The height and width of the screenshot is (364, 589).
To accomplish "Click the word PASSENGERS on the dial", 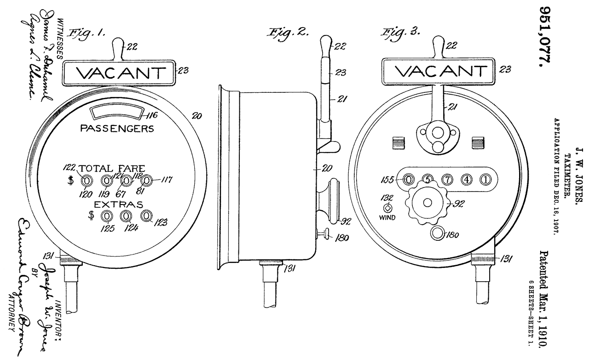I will coord(117,129).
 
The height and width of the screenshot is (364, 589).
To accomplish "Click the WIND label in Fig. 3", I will coord(387,217).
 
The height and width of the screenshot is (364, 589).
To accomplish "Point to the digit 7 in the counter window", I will coord(446,179).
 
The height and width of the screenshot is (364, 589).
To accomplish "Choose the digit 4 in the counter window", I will coord(466,179).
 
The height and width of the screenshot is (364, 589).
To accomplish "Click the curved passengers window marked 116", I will coord(116,113).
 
